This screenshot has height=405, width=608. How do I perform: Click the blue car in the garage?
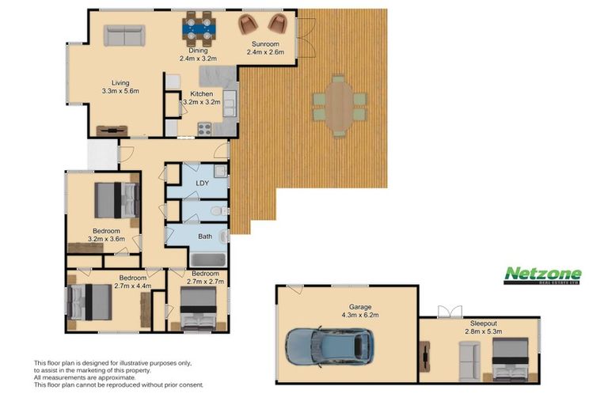pos(329,347)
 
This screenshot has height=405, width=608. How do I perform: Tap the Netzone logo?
pos(542,275)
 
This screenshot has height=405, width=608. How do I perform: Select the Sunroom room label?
pos(265,44)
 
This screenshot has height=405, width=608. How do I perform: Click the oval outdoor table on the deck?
pos(339,106)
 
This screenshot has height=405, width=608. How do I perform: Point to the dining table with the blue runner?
pos(198,28)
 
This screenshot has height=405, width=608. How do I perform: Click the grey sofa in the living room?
pos(124,36)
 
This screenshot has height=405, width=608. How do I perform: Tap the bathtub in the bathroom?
pos(207,259)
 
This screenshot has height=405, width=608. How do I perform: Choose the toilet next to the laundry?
pos(219,211)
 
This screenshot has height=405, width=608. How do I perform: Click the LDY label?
pos(203,183)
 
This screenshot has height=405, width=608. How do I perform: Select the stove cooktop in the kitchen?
pos(204,129)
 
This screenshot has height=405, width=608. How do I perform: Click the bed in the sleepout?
pos(510,360)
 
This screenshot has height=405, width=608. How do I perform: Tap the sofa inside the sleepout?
pos(469,361)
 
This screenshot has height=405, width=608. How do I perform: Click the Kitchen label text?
pos(202,94)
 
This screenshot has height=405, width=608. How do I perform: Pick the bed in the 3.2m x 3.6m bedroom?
pos(117,200)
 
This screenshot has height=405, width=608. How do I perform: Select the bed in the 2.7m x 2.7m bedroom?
pos(199,308)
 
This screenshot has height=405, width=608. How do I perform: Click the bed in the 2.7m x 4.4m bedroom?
pos(89,302)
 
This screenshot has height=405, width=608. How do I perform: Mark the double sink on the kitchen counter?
pos(229,104)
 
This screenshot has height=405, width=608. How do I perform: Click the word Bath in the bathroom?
pos(205,237)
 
